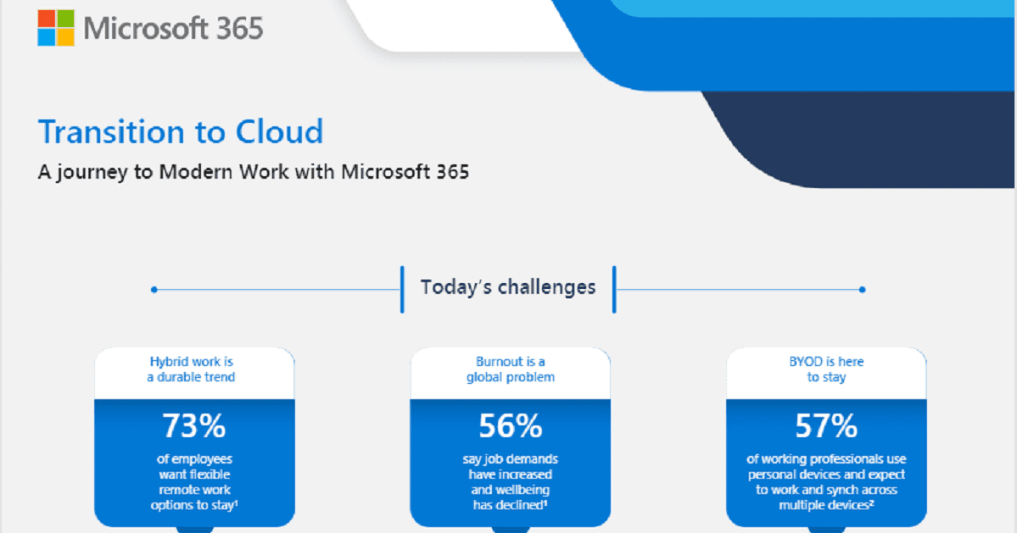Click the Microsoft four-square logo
[56, 28]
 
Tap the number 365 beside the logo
[237, 29]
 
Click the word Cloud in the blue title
[280, 133]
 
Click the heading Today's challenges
[508, 287]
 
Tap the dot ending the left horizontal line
[154, 290]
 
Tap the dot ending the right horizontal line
[862, 290]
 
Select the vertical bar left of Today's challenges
[402, 289]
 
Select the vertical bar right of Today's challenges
[614, 289]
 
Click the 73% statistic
[194, 425]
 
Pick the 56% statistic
[510, 425]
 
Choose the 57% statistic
[826, 425]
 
